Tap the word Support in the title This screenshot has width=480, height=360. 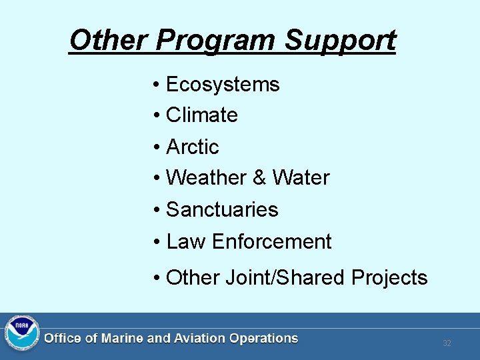coord(340,41)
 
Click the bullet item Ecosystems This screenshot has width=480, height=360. coord(223,85)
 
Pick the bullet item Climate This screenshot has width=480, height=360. coord(201,115)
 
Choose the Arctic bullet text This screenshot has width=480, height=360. coord(192,147)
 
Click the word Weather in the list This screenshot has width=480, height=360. coord(206,178)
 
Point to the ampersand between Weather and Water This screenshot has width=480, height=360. coord(259,178)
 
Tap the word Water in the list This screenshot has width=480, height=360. coord(301,178)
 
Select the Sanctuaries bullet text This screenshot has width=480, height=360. coord(222,209)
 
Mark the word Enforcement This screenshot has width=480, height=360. coord(271,241)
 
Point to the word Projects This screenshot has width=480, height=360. coord(389,277)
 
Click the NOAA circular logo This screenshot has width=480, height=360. coord(22,333)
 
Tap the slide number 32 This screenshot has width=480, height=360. coord(447,343)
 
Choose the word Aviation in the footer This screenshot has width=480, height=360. coord(199,339)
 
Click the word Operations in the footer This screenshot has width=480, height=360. coord(263,339)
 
